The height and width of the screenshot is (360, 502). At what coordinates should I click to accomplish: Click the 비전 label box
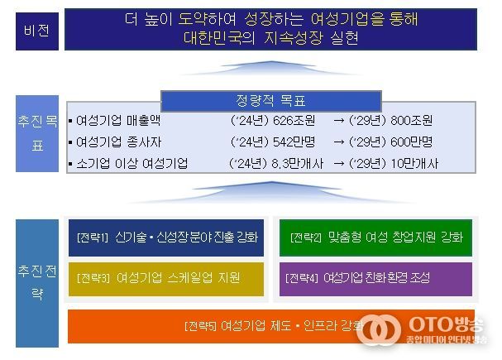(34, 31)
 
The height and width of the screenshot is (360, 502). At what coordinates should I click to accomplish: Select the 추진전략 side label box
(34, 281)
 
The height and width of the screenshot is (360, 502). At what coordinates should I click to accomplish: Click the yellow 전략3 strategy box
(165, 278)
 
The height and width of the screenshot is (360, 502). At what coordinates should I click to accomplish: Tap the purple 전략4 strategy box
(376, 278)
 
